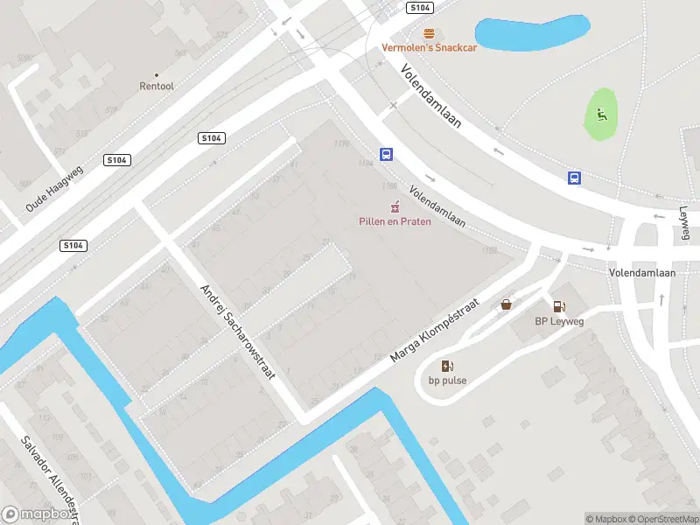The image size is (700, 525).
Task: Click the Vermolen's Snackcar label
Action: click(x=429, y=47)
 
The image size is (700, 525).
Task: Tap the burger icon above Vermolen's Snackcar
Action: click(x=429, y=33)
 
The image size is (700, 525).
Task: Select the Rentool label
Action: click(x=157, y=86)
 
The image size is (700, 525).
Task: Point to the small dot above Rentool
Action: click(x=157, y=75)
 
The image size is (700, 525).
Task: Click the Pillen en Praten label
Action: click(x=395, y=221)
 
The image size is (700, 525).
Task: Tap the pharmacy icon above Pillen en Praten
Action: click(x=395, y=207)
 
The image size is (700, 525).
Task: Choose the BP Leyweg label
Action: click(x=559, y=321)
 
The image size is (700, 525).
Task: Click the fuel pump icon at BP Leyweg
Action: click(x=558, y=306)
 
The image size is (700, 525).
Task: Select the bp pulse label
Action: click(x=447, y=380)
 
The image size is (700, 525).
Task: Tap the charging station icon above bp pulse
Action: click(x=447, y=366)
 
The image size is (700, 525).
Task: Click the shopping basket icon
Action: click(x=506, y=305)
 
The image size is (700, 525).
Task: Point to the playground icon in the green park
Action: click(x=600, y=114)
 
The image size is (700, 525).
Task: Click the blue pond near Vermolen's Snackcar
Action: click(x=530, y=33)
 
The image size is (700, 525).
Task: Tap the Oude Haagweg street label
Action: click(x=53, y=189)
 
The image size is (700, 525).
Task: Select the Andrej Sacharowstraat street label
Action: click(x=237, y=332)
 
